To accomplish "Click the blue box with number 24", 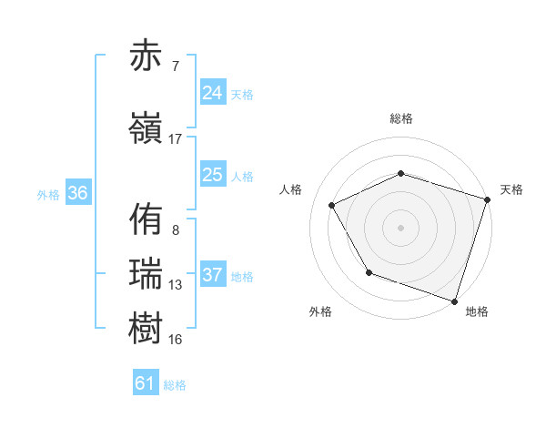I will click(x=212, y=93).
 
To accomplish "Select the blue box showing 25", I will click(x=212, y=175).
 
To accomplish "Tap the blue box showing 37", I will click(x=212, y=275).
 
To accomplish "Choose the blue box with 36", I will click(x=77, y=194).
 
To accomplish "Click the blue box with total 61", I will click(x=146, y=383).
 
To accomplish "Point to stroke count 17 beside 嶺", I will click(x=176, y=139).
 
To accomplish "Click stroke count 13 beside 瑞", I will click(x=176, y=285).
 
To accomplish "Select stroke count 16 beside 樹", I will click(x=176, y=340).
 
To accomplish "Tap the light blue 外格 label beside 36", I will click(x=48, y=195).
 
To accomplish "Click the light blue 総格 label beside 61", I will click(x=175, y=385).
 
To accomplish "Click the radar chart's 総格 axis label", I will click(x=400, y=118).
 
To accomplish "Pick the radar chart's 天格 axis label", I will click(x=511, y=189).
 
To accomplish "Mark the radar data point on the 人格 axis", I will click(x=332, y=206).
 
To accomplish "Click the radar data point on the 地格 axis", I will click(x=453, y=300).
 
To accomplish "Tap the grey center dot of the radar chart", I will click(x=400, y=227).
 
